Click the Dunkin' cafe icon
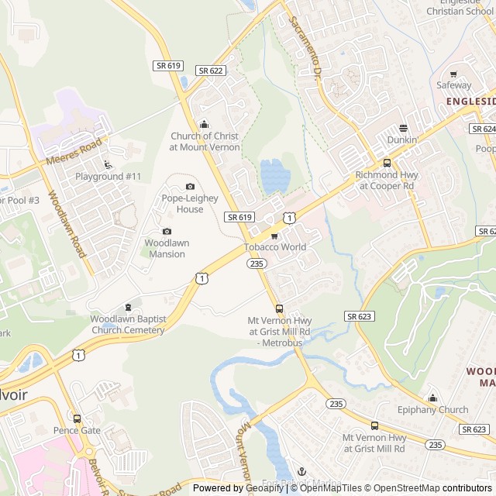click(403, 128)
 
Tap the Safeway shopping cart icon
click(453, 74)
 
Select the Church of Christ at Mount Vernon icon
click(205, 124)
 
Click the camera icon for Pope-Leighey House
click(191, 186)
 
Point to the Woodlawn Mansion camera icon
click(167, 231)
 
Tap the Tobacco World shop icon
click(274, 236)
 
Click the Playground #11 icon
click(108, 164)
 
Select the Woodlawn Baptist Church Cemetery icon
click(128, 308)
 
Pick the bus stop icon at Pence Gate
click(77, 418)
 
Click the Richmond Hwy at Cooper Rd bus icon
click(387, 163)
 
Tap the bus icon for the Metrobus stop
click(279, 308)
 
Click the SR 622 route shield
click(211, 71)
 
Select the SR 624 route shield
click(484, 129)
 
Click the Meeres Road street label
click(74, 151)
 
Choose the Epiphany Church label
click(432, 410)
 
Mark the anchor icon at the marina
click(301, 471)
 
